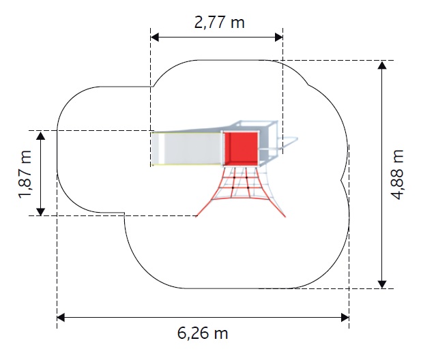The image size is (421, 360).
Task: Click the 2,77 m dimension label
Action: (x=219, y=22)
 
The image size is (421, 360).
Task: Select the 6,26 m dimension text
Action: (x=203, y=333)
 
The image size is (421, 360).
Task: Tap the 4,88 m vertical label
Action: (x=397, y=175)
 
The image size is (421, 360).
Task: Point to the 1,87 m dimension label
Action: (x=25, y=175)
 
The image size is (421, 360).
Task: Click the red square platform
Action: (x=241, y=149)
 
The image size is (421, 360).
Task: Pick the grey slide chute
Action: (x=186, y=149)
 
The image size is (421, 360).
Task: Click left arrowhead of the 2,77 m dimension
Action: (x=154, y=37)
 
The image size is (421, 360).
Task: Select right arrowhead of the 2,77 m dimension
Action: (x=278, y=37)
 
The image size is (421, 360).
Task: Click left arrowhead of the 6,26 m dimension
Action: (x=61, y=318)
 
